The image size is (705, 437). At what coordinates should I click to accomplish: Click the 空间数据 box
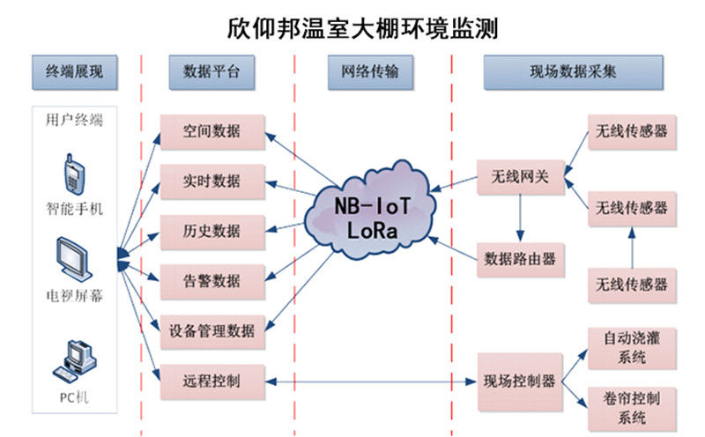point(211,132)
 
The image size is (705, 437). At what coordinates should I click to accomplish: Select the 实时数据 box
point(211,181)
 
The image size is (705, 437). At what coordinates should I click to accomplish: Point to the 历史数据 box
point(211,232)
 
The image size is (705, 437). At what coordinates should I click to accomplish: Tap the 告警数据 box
point(211,281)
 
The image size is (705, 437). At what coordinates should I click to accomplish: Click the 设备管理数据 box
point(211,331)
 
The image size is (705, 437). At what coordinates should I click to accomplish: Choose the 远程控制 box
point(211,381)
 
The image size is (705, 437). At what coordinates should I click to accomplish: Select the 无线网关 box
point(520,177)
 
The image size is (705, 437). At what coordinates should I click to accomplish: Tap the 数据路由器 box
point(520,259)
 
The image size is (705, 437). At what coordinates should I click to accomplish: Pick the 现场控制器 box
point(520,381)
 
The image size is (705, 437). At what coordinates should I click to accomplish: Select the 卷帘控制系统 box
point(627,406)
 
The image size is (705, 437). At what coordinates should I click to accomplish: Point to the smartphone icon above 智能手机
point(73,174)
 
